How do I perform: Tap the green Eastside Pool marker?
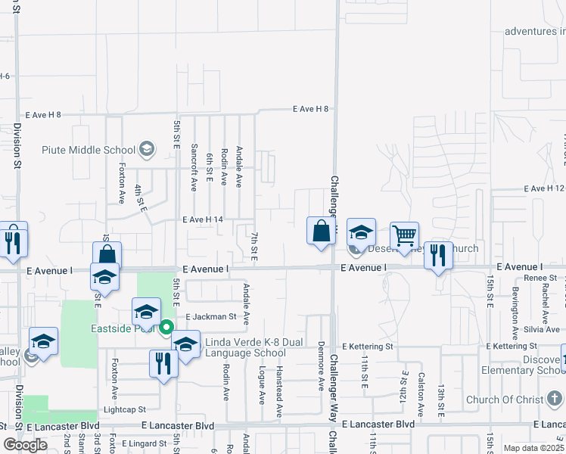pyautogui.click(x=166, y=328)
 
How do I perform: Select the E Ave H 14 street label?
pyautogui.click(x=202, y=219)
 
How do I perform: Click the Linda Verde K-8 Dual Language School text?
pyautogui.click(x=253, y=347)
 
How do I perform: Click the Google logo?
pyautogui.click(x=25, y=445)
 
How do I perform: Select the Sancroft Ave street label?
pyautogui.click(x=194, y=167)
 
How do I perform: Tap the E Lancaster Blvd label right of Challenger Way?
pyautogui.click(x=378, y=424)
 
